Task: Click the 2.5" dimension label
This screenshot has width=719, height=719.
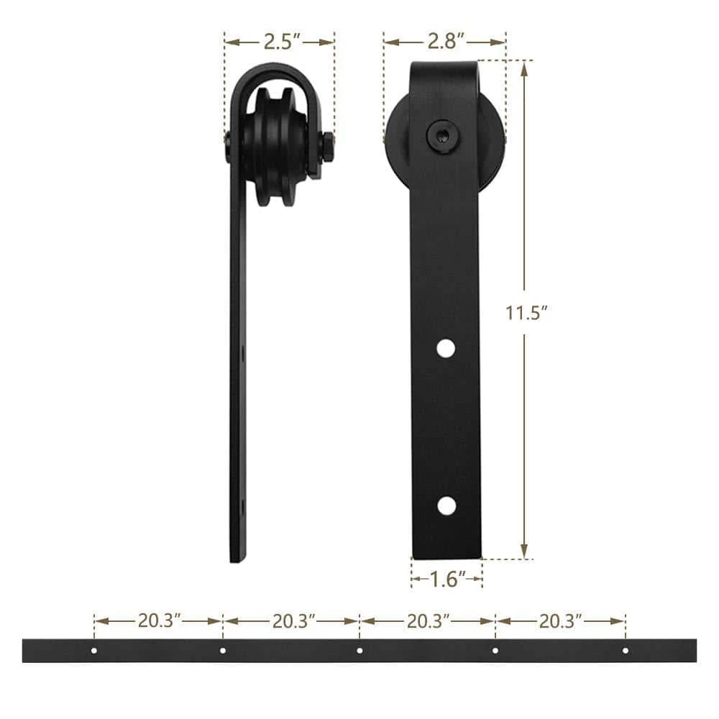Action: tap(282, 42)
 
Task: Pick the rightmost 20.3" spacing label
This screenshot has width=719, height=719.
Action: tap(560, 621)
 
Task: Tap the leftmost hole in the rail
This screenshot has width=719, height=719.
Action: tap(94, 650)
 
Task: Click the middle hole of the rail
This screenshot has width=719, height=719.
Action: tap(359, 650)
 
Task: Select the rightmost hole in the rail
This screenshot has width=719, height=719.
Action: tap(625, 650)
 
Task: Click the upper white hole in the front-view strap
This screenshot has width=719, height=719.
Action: tap(446, 348)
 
